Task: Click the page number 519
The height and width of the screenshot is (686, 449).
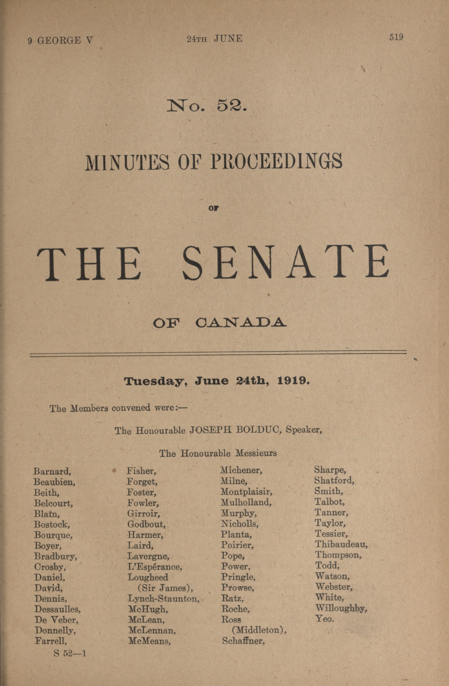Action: [396, 37]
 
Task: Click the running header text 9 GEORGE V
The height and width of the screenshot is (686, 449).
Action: [60, 40]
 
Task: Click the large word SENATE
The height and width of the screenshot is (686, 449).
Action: [286, 263]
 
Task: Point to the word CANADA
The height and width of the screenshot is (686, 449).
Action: [241, 323]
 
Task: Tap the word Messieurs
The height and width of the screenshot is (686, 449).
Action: [256, 454]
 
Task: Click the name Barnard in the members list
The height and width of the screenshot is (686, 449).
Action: [52, 471]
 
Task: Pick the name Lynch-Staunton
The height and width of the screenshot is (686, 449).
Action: [163, 599]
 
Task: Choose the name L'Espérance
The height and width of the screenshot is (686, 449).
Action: [155, 567]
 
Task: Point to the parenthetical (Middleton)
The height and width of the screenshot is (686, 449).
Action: [259, 630]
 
